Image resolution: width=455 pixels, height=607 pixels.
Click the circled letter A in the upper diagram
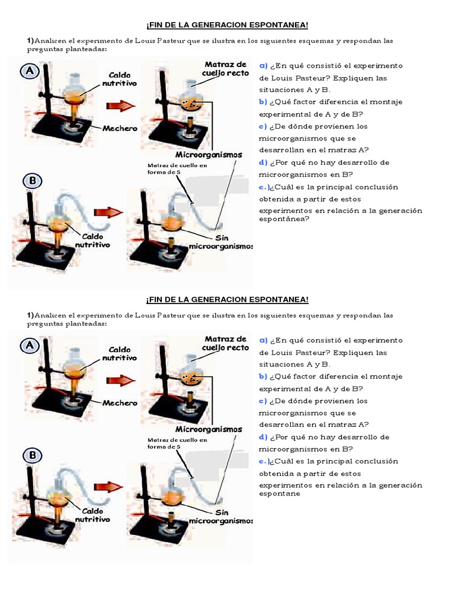tap(30, 71)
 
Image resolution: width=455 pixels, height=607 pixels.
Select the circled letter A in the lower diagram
tap(30, 346)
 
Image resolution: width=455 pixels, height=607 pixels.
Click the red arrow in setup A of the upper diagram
tap(120, 106)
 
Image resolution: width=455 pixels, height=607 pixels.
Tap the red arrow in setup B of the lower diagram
tap(108, 487)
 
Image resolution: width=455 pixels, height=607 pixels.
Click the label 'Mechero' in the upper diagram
tap(120, 128)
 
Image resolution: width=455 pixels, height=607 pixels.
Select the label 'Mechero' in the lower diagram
tap(120, 403)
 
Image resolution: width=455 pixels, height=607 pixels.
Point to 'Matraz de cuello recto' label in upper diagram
tap(225, 69)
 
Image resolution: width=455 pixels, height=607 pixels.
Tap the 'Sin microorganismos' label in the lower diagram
tap(221, 516)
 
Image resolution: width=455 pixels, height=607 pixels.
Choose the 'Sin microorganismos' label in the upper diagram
tap(221, 242)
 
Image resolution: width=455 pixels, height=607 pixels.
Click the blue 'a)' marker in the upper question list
tap(263, 66)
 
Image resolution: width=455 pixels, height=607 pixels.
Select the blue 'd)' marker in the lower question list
tap(263, 437)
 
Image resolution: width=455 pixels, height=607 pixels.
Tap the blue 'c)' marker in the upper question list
tap(263, 126)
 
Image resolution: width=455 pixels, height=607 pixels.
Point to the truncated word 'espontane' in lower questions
tap(280, 494)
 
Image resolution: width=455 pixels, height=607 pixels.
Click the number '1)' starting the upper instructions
tap(30, 40)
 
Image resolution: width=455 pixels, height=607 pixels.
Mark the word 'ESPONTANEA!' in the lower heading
tap(278, 299)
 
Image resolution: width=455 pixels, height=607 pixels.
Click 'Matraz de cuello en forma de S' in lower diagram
tap(177, 443)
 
